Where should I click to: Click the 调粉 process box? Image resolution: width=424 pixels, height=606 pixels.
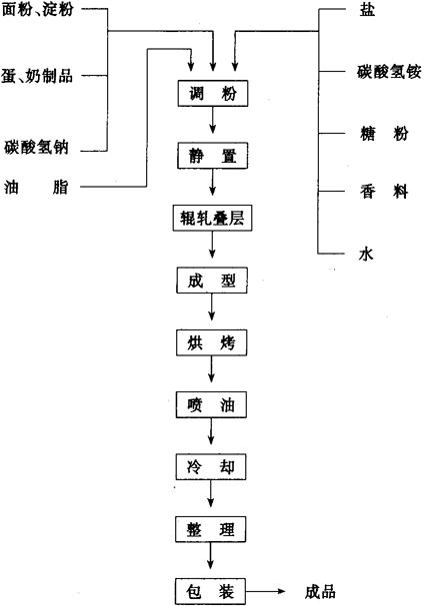(x=213, y=93)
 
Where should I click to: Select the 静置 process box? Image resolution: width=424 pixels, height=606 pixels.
(x=212, y=156)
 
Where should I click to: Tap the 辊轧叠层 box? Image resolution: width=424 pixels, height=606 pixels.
(x=212, y=218)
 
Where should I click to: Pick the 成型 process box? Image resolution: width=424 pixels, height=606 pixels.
(x=212, y=281)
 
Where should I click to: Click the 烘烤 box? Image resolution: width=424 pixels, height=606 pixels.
(x=211, y=342)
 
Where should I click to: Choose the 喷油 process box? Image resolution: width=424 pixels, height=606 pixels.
(x=211, y=404)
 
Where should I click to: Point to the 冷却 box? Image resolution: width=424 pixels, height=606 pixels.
(x=211, y=467)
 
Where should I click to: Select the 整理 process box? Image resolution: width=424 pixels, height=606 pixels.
(x=210, y=529)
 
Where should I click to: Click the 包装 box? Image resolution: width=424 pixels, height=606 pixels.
(x=210, y=591)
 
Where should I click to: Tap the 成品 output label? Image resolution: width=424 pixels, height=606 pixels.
(x=320, y=592)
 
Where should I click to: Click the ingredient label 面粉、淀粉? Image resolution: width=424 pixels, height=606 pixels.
(x=38, y=9)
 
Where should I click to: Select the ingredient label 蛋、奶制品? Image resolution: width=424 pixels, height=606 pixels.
(x=37, y=76)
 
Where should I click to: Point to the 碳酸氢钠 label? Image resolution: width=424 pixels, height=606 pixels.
(x=36, y=147)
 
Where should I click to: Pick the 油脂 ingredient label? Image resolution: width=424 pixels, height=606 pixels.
(x=36, y=187)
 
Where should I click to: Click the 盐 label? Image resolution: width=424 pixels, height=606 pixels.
(x=367, y=9)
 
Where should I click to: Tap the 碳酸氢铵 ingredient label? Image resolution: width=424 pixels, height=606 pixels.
(x=389, y=72)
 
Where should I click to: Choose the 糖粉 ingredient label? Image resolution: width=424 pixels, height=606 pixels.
(x=384, y=134)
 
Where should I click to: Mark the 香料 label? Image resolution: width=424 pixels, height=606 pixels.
(x=384, y=192)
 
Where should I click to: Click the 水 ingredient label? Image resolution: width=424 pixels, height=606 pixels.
(x=366, y=255)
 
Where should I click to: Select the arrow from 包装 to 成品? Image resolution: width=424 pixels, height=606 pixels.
(x=265, y=591)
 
